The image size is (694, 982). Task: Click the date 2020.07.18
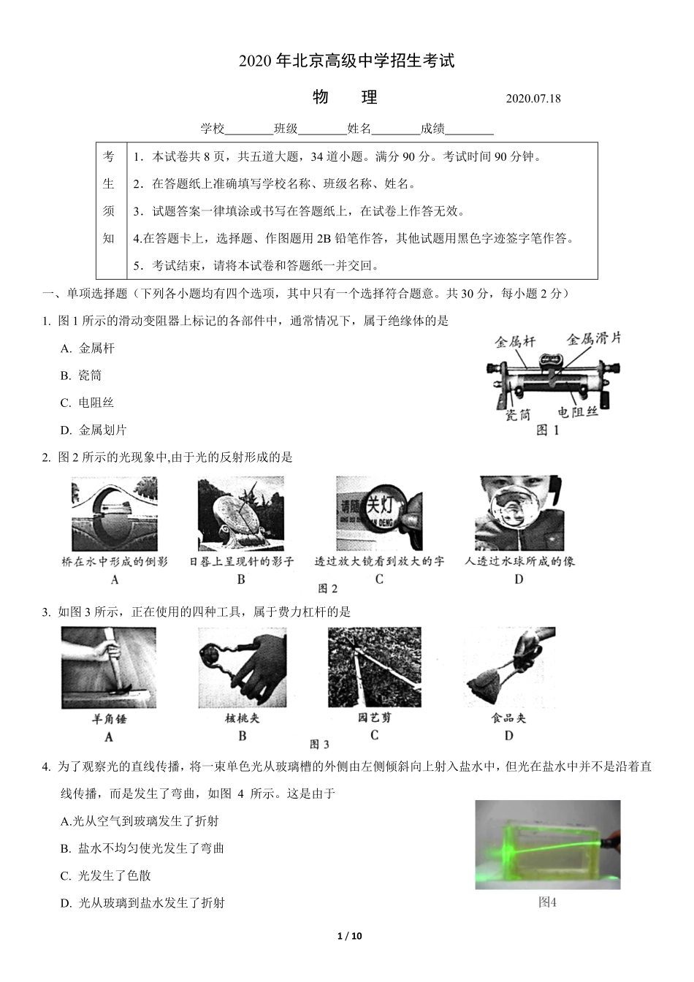click(x=533, y=99)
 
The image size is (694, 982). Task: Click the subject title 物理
click(x=345, y=97)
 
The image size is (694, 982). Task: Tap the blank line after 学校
click(x=249, y=130)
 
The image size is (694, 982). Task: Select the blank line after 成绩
click(x=469, y=130)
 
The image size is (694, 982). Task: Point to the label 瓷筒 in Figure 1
click(x=518, y=415)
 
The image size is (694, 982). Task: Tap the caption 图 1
click(x=547, y=430)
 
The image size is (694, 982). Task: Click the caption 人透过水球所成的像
click(x=519, y=561)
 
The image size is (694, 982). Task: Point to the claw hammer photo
click(x=109, y=668)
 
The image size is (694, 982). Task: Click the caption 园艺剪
click(x=374, y=718)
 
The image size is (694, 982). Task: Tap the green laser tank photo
click(x=547, y=845)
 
